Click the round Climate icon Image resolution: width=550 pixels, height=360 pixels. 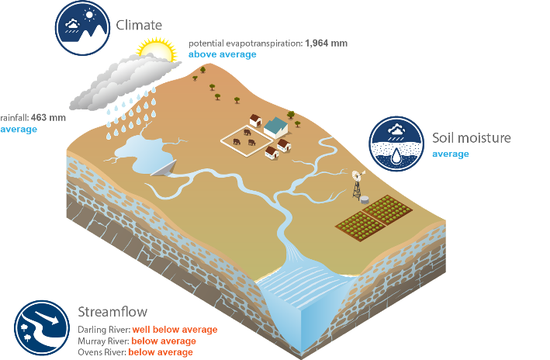pos(82,28)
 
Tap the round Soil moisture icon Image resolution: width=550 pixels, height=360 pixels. pos(396,144)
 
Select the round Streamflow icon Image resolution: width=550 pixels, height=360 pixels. pos(42,327)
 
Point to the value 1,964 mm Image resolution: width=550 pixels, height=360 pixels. pos(327,43)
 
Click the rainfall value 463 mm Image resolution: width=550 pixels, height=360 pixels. pos(48,118)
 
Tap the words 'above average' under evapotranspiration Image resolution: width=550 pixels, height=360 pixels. pos(223,54)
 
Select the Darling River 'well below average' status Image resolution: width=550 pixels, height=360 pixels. pos(175,330)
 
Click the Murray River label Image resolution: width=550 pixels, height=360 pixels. pos(103,341)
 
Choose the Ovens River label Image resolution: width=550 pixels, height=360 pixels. pos(102,352)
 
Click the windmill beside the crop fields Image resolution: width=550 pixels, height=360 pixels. pos(358,184)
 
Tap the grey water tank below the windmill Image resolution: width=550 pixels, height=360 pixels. pos(365,199)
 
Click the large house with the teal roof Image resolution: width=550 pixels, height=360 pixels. pos(275,127)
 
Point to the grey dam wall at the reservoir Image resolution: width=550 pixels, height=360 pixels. pos(164,168)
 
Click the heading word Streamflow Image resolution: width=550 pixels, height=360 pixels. pos(112,312)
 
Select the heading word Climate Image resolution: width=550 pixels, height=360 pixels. pos(139,26)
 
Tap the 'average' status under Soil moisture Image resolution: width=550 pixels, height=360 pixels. pos(451,154)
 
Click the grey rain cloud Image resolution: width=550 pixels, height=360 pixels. pos(124,81)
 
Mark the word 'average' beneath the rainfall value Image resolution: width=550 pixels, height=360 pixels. pos(19,129)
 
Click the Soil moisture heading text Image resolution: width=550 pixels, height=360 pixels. pos(472,138)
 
